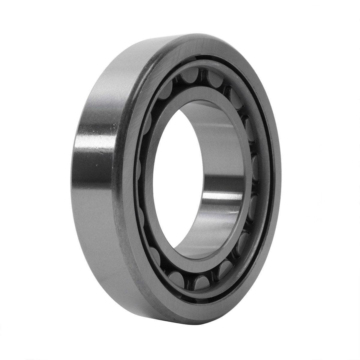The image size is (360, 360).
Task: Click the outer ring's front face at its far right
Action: (x=275, y=180)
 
